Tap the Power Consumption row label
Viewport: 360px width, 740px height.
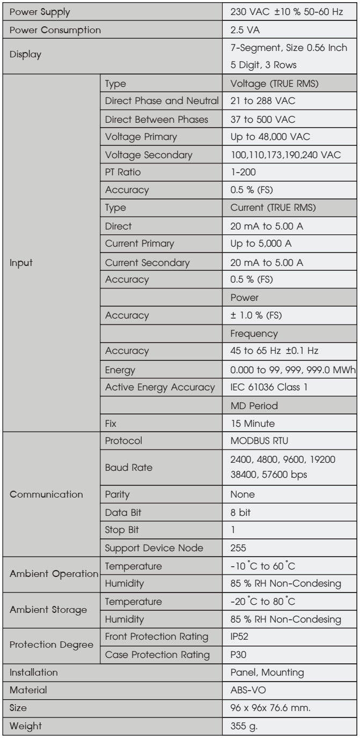[52, 32]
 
